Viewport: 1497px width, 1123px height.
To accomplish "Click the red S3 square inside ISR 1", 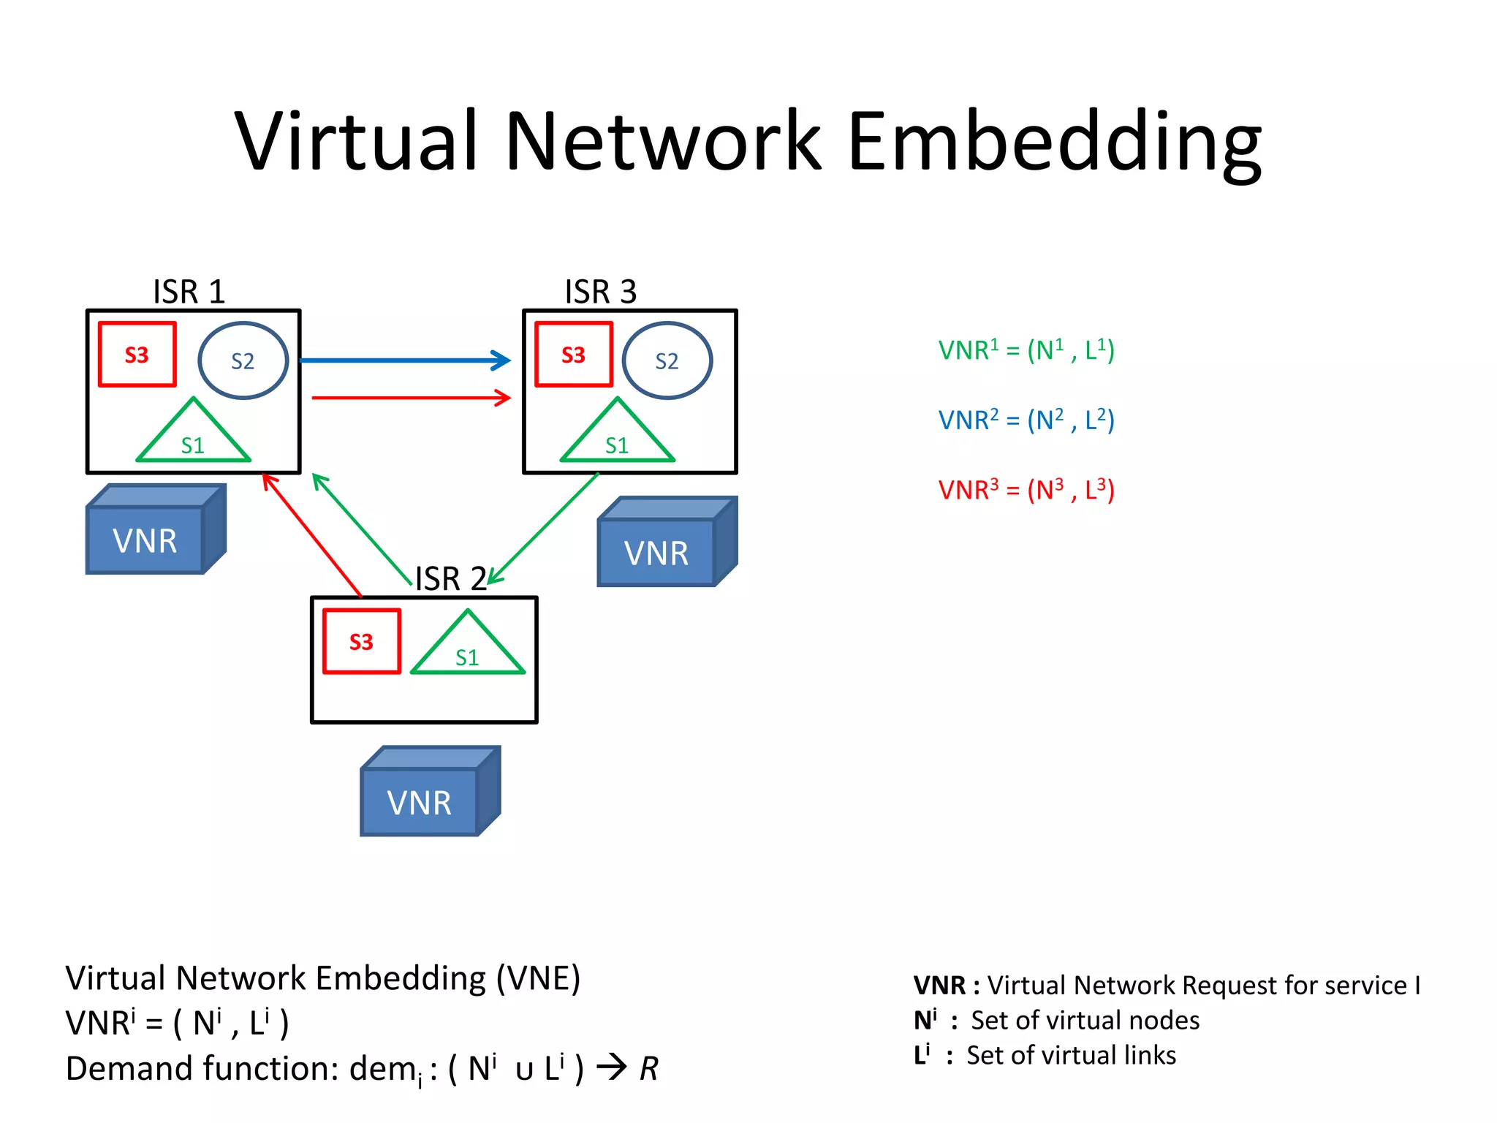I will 137,355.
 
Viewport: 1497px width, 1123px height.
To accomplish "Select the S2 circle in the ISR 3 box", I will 667,360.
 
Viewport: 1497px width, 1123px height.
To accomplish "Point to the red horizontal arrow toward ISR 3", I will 409,398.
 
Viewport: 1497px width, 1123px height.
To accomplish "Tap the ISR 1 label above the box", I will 189,292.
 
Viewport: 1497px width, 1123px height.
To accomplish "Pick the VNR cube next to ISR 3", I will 666,543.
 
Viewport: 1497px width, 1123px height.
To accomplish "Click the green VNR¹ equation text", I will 1026,350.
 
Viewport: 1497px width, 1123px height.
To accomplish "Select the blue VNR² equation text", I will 1026,420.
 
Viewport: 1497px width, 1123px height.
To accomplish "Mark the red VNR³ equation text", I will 1026,490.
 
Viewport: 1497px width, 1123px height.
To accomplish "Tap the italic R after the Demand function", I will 648,1069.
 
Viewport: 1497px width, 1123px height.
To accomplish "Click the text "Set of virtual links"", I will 1071,1056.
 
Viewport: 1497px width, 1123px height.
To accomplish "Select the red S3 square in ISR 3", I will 574,355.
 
